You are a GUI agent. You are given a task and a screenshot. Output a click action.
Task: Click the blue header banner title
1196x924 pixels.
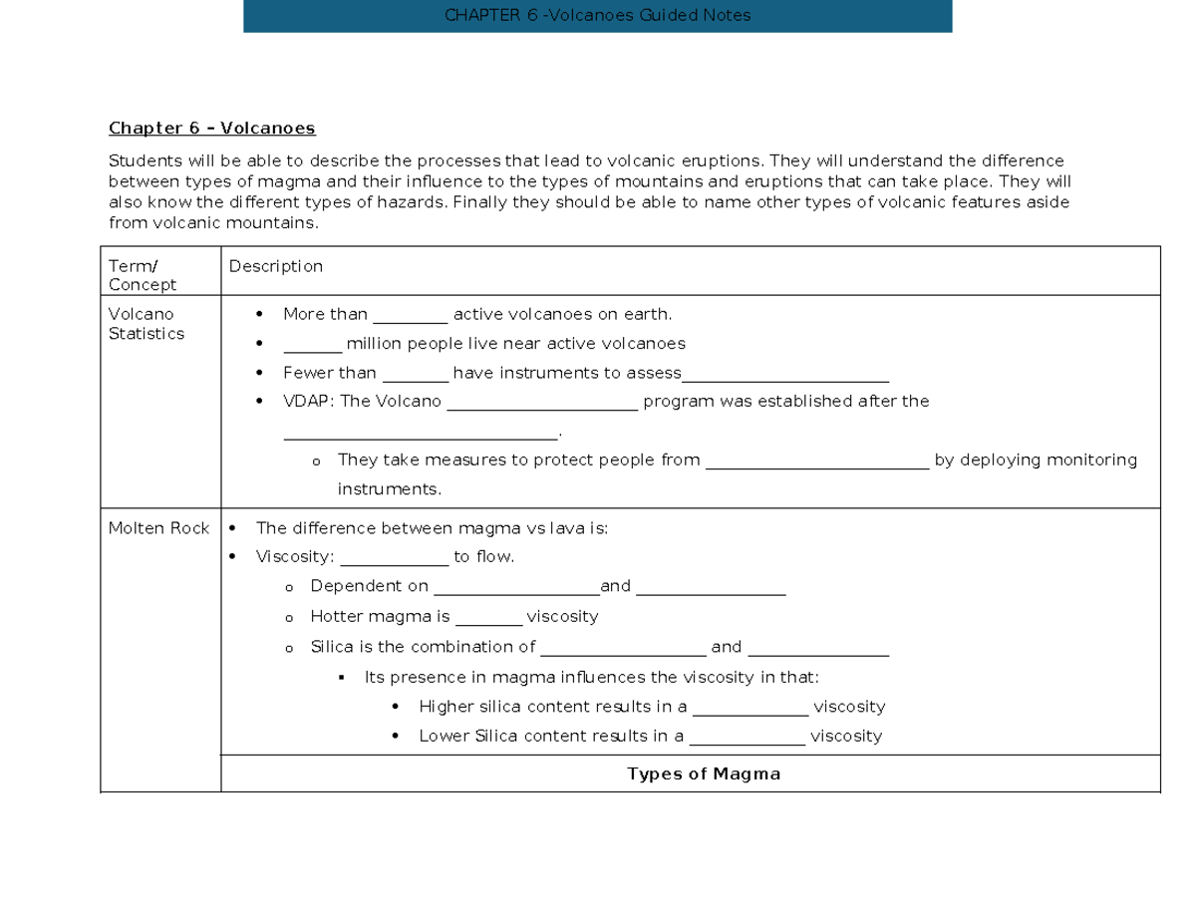[x=598, y=16]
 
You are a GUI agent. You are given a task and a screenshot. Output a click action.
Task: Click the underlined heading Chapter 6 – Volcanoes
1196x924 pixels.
[x=211, y=129]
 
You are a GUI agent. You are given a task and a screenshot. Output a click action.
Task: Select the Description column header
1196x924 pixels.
[x=276, y=266]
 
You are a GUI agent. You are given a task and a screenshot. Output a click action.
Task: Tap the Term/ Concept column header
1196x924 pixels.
[x=142, y=275]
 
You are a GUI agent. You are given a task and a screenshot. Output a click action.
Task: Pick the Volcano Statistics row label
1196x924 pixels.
[x=146, y=324]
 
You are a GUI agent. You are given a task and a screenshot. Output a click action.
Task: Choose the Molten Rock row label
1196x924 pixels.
[x=158, y=528]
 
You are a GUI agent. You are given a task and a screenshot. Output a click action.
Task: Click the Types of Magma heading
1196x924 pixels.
[x=704, y=774]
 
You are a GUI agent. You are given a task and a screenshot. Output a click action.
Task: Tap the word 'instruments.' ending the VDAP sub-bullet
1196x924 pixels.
[x=389, y=489]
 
